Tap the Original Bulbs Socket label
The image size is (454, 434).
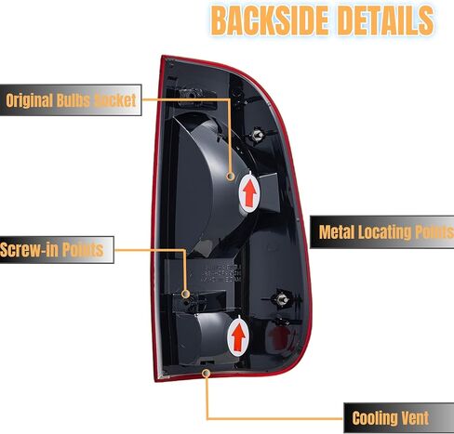[71, 100]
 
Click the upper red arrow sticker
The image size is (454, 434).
[249, 193]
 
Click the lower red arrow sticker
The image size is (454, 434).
[238, 336]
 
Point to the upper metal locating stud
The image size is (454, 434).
[257, 135]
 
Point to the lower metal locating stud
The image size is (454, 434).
[282, 299]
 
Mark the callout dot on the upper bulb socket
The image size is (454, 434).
[231, 177]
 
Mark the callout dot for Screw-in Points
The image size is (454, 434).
[186, 294]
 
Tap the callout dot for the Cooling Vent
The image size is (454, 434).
[206, 374]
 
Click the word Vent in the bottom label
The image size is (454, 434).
[415, 418]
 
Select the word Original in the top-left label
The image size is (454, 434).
[30, 100]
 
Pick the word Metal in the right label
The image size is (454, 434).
[337, 231]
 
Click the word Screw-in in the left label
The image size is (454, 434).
[29, 249]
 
